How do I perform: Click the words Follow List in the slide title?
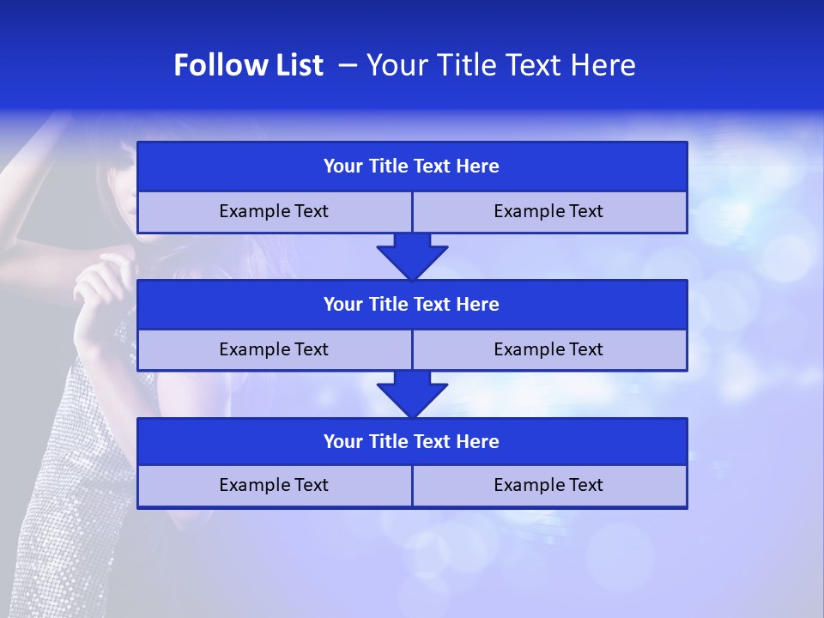[248, 65]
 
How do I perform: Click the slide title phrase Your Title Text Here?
[501, 65]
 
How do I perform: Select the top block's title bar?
[412, 166]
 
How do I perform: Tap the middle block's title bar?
[412, 304]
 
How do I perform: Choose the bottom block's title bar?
[412, 441]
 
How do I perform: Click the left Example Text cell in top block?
[274, 211]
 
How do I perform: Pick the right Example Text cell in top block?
[548, 211]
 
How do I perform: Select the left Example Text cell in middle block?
[274, 349]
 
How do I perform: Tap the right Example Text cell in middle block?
[548, 349]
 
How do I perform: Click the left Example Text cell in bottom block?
[274, 485]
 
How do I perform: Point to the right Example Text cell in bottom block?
[548, 485]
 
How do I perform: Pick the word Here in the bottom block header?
[478, 441]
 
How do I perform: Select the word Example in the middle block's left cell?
[250, 349]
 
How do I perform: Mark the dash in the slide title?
[347, 65]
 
